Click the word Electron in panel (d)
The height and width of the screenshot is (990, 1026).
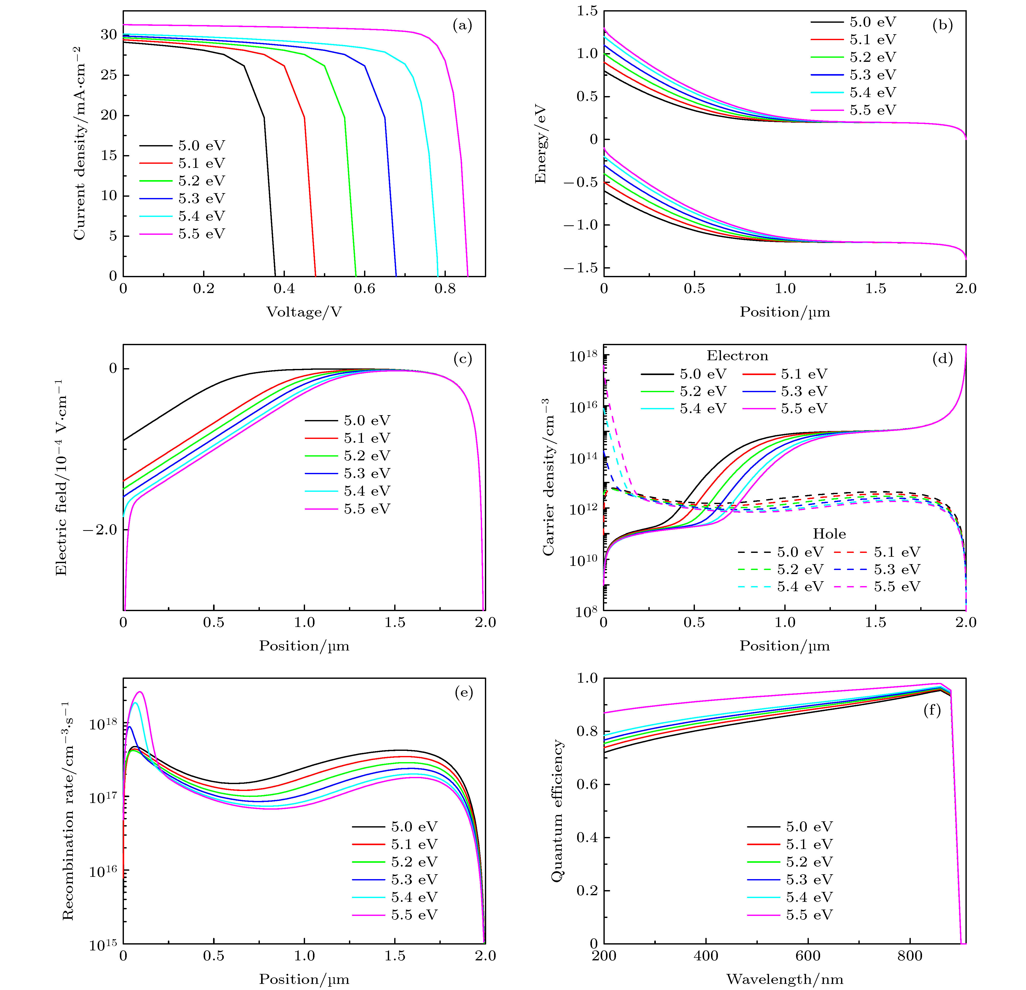pos(737,356)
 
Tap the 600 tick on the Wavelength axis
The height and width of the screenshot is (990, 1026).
pos(808,956)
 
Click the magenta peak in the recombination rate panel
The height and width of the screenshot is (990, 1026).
pos(139,692)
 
